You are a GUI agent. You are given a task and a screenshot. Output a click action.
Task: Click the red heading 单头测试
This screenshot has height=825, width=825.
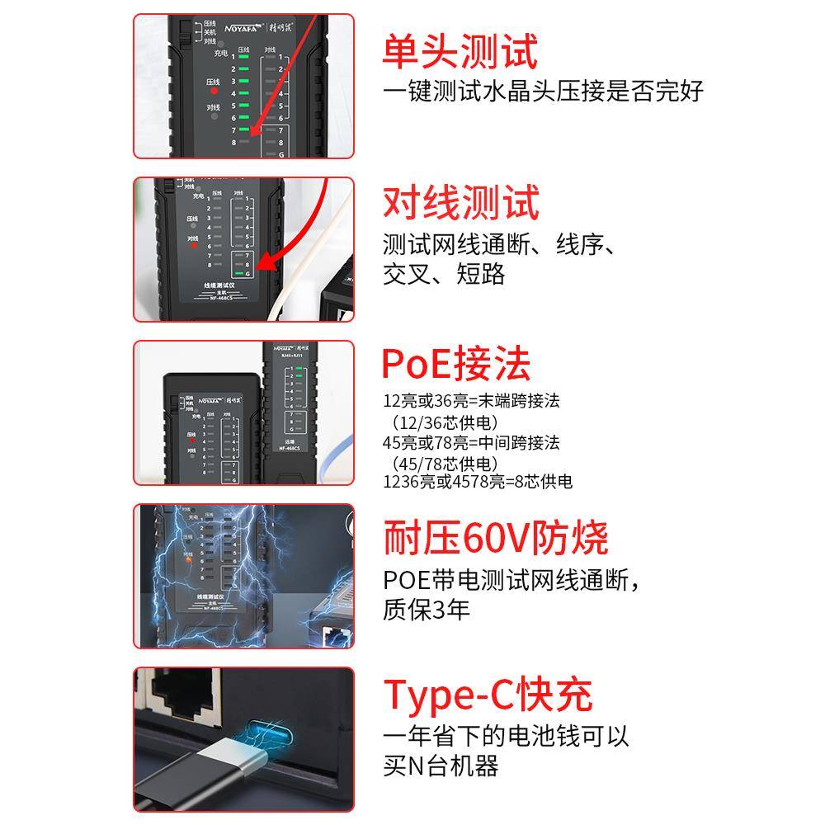point(460,51)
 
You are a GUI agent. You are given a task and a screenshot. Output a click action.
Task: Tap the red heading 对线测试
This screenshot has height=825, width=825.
point(460,203)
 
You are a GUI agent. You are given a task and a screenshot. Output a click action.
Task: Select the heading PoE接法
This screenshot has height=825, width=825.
point(455,364)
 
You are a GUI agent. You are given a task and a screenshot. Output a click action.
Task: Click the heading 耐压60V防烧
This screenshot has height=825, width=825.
point(495,538)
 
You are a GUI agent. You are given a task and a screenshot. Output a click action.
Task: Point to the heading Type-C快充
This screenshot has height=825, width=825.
point(488,695)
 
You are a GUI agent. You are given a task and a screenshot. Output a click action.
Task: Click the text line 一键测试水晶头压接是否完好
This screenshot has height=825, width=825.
point(543,91)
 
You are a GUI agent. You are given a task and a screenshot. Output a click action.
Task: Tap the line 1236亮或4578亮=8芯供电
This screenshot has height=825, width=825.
point(478,482)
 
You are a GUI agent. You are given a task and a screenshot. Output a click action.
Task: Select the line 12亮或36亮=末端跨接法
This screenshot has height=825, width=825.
point(471,402)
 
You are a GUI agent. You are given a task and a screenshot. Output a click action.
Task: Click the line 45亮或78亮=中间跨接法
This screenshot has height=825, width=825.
point(471,443)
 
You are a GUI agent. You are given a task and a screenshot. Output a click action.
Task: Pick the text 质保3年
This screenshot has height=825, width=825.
point(426,610)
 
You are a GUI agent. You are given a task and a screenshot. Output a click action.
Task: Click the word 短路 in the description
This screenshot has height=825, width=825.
point(480,275)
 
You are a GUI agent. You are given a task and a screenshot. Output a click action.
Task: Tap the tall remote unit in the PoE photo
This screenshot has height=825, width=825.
point(290,412)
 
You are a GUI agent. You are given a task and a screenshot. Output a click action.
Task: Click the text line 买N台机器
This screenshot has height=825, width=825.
point(441,766)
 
